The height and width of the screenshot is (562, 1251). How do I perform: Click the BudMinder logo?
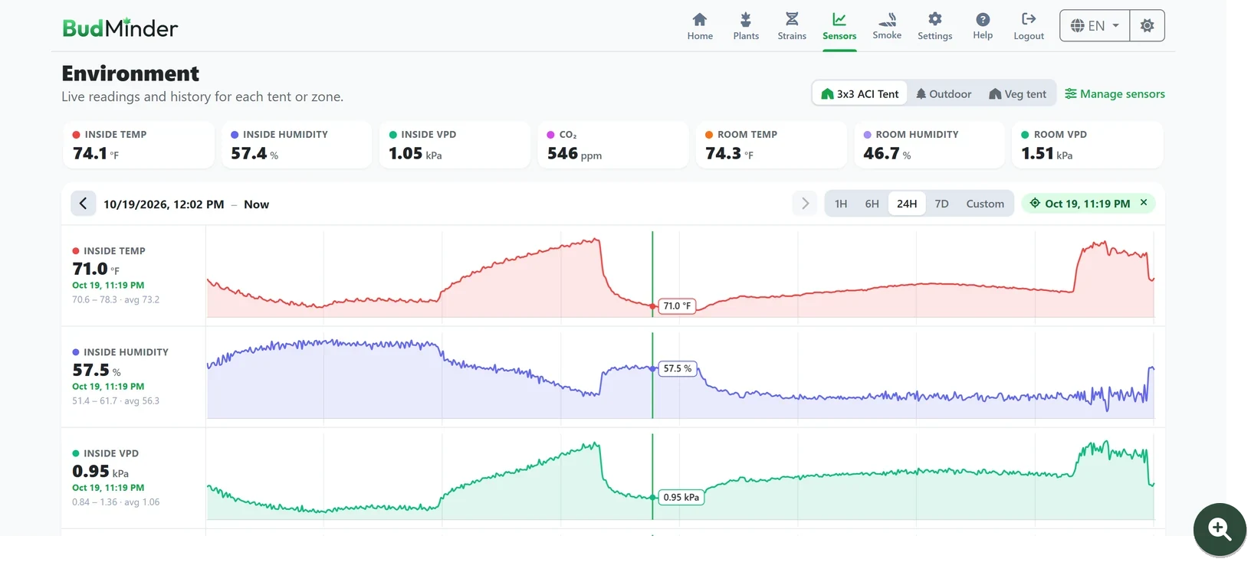[x=120, y=28]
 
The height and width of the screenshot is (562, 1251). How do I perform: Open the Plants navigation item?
[x=746, y=26]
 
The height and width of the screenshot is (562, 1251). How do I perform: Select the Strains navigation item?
[x=791, y=26]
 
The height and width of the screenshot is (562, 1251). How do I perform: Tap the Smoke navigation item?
[x=887, y=26]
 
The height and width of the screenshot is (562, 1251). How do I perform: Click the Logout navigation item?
[x=1028, y=26]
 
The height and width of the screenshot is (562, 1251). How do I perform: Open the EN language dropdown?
[x=1095, y=26]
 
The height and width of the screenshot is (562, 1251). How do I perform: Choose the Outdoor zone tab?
[x=944, y=93]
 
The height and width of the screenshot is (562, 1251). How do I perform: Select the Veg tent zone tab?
[x=1017, y=93]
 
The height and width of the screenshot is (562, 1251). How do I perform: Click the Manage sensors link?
[x=1115, y=93]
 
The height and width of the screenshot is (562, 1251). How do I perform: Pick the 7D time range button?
[x=941, y=204]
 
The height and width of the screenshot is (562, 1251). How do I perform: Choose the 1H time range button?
[x=840, y=204]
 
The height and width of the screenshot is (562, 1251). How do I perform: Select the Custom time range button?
[x=985, y=204]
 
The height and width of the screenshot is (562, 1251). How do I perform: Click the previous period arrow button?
[x=84, y=204]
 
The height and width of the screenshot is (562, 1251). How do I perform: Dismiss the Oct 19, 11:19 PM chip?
[x=1144, y=203]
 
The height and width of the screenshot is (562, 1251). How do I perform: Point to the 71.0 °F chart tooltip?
[x=677, y=306]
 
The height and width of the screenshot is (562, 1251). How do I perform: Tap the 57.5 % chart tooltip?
[x=678, y=368]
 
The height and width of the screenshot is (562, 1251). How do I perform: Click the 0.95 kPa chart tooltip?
[x=681, y=497]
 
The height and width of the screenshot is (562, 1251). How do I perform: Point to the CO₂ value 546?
[x=563, y=153]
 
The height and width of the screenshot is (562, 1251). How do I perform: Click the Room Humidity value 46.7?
[x=882, y=153]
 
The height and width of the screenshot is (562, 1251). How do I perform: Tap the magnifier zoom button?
[x=1220, y=529]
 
